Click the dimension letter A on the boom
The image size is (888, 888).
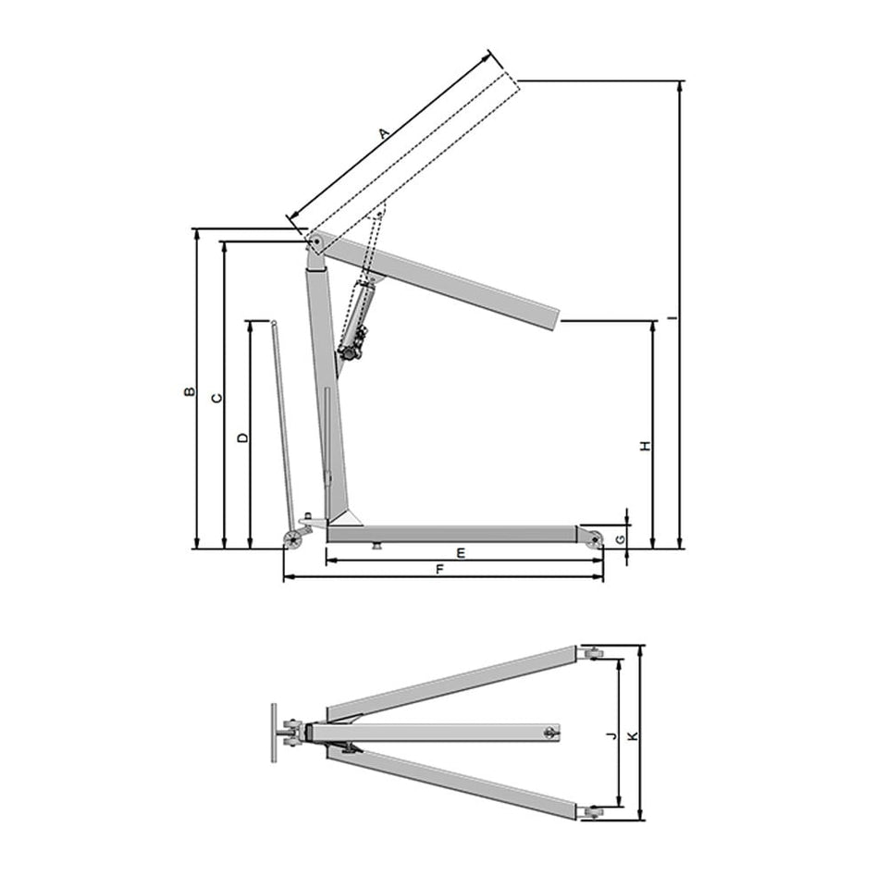pos(384,133)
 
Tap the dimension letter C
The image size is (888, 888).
pos(216,399)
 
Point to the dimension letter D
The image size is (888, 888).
pos(242,438)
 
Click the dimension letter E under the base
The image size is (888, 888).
pos(461,553)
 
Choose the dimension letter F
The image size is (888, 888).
pos(440,570)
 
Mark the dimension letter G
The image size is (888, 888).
pos(622,539)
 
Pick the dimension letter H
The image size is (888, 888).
pos(645,446)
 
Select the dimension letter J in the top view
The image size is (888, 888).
pos(610,736)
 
